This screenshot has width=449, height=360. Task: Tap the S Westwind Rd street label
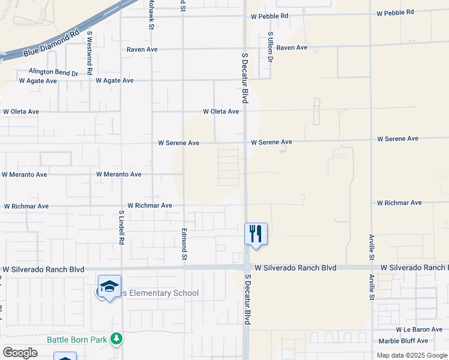click(x=89, y=53)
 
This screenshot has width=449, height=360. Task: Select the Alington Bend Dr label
click(x=53, y=72)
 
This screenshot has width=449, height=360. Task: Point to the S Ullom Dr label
click(x=271, y=47)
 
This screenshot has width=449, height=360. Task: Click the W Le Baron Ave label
click(x=419, y=330)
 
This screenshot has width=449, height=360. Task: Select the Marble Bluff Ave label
click(x=419, y=341)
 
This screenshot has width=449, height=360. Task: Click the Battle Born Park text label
click(x=77, y=340)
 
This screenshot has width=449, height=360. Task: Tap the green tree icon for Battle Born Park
click(x=116, y=340)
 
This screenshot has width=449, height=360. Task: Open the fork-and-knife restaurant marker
click(x=256, y=233)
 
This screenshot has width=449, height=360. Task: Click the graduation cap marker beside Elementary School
click(x=110, y=286)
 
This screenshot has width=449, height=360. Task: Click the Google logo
click(x=20, y=353)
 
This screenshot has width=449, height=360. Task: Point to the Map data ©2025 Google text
click(x=412, y=355)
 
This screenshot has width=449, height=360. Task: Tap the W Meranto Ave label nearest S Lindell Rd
click(x=119, y=175)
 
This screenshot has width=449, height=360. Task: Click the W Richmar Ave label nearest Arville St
click(x=399, y=203)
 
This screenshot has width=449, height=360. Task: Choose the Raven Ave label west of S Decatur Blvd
click(x=142, y=49)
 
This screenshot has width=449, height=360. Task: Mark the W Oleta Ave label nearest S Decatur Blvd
click(x=221, y=112)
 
